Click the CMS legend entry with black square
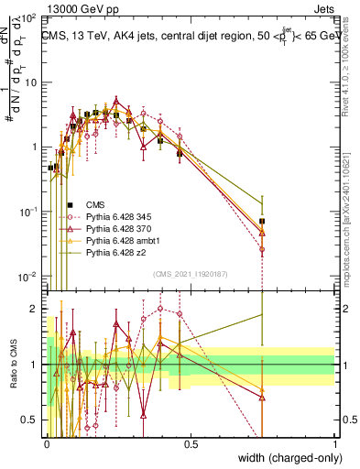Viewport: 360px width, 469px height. [95, 204]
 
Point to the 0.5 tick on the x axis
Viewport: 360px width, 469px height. [191, 443]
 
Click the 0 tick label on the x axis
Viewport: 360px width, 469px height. [47, 443]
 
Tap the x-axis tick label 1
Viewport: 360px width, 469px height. [334, 443]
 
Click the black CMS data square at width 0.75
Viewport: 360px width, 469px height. [263, 221]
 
